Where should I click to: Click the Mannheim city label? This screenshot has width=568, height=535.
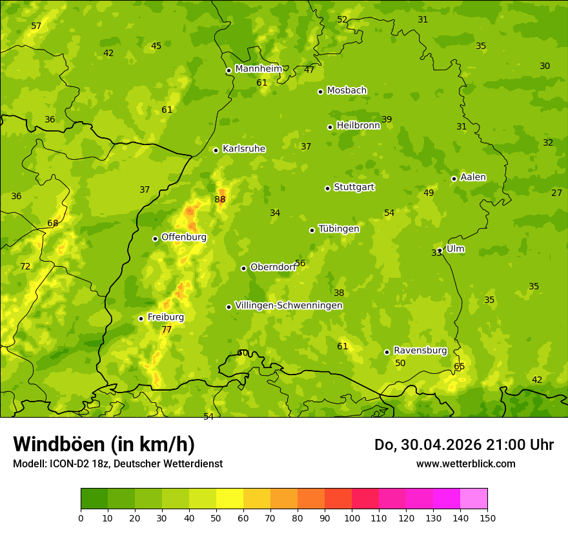coord(258,69)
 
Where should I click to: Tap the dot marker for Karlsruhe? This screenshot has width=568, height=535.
coord(216,150)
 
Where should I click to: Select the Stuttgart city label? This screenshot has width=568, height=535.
coord(354,188)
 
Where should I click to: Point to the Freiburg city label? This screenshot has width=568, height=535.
coord(165,317)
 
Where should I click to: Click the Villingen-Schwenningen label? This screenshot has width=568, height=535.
coord(289,306)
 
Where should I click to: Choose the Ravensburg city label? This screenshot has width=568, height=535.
coord(420,351)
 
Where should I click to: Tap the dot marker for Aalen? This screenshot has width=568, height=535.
coord(454,179)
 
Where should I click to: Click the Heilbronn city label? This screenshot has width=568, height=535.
coord(358,126)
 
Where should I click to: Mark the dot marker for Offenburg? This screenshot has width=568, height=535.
coord(155,238)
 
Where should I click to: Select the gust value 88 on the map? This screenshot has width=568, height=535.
coord(220,200)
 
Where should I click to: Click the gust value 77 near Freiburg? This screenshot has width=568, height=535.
coord(167,330)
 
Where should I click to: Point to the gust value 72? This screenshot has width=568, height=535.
coord(25,267)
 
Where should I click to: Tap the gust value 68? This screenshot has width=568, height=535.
coord(53,224)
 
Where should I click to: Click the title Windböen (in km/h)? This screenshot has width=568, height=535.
coord(104,444)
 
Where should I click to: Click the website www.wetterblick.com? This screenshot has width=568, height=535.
coord(465,463)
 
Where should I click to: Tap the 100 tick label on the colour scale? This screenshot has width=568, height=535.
coord(352,518)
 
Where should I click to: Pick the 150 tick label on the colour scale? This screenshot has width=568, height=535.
coord(487,518)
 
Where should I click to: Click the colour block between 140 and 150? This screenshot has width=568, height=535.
coord(474,499)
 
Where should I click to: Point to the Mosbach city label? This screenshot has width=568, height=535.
coord(347,91)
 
